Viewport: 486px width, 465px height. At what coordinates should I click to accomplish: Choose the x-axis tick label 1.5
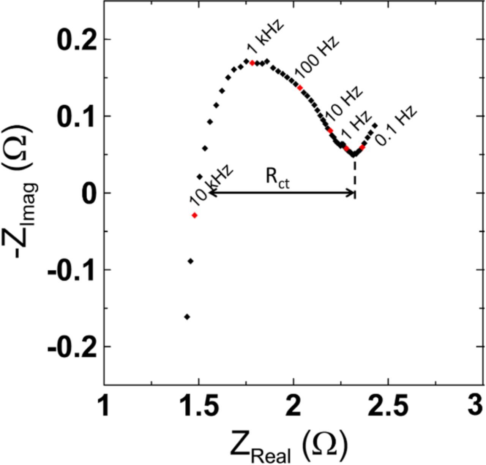click(199, 406)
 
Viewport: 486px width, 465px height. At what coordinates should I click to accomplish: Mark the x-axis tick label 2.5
click(388, 406)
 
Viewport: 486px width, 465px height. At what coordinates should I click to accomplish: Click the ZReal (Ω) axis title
click(289, 447)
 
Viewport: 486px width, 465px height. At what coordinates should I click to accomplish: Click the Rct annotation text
click(277, 178)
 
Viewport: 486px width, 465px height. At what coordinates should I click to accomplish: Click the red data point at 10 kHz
click(195, 215)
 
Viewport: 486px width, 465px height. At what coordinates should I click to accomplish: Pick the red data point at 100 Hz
click(300, 88)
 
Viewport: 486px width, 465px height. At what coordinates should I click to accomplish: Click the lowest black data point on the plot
click(187, 317)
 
